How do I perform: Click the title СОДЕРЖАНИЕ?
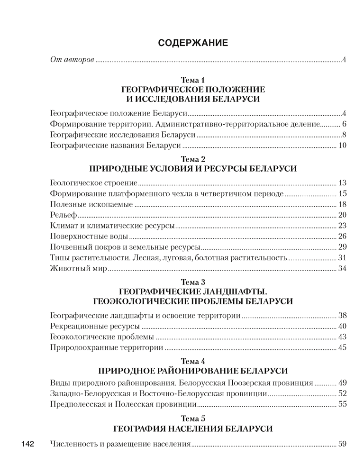pos(193,43)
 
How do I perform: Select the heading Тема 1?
pos(192,81)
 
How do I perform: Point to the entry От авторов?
pos(71,60)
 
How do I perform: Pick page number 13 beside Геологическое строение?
pos(343,182)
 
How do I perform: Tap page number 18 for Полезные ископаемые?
pos(343,204)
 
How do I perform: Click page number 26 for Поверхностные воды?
pos(343,236)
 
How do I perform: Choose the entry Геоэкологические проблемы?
pos(101,337)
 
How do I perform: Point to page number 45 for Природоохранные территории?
pos(343,348)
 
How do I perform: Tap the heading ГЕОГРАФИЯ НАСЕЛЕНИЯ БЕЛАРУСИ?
pos(193,429)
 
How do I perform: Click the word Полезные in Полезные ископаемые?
pos(67,204)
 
